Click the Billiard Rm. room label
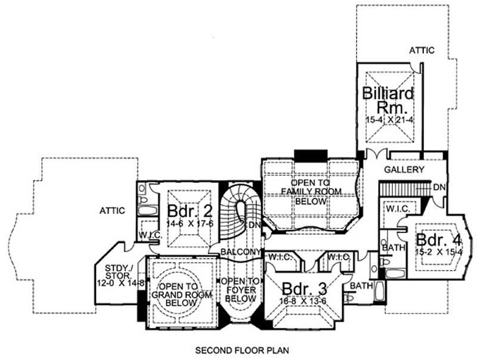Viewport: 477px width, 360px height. [x=388, y=101]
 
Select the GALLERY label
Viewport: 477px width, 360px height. [x=404, y=170]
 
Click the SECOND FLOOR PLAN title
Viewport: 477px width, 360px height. [x=238, y=350]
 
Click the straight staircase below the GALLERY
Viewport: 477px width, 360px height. [x=404, y=189]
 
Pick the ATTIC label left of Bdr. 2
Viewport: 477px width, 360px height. [x=112, y=210]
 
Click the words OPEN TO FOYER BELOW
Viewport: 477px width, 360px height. [x=238, y=289]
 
